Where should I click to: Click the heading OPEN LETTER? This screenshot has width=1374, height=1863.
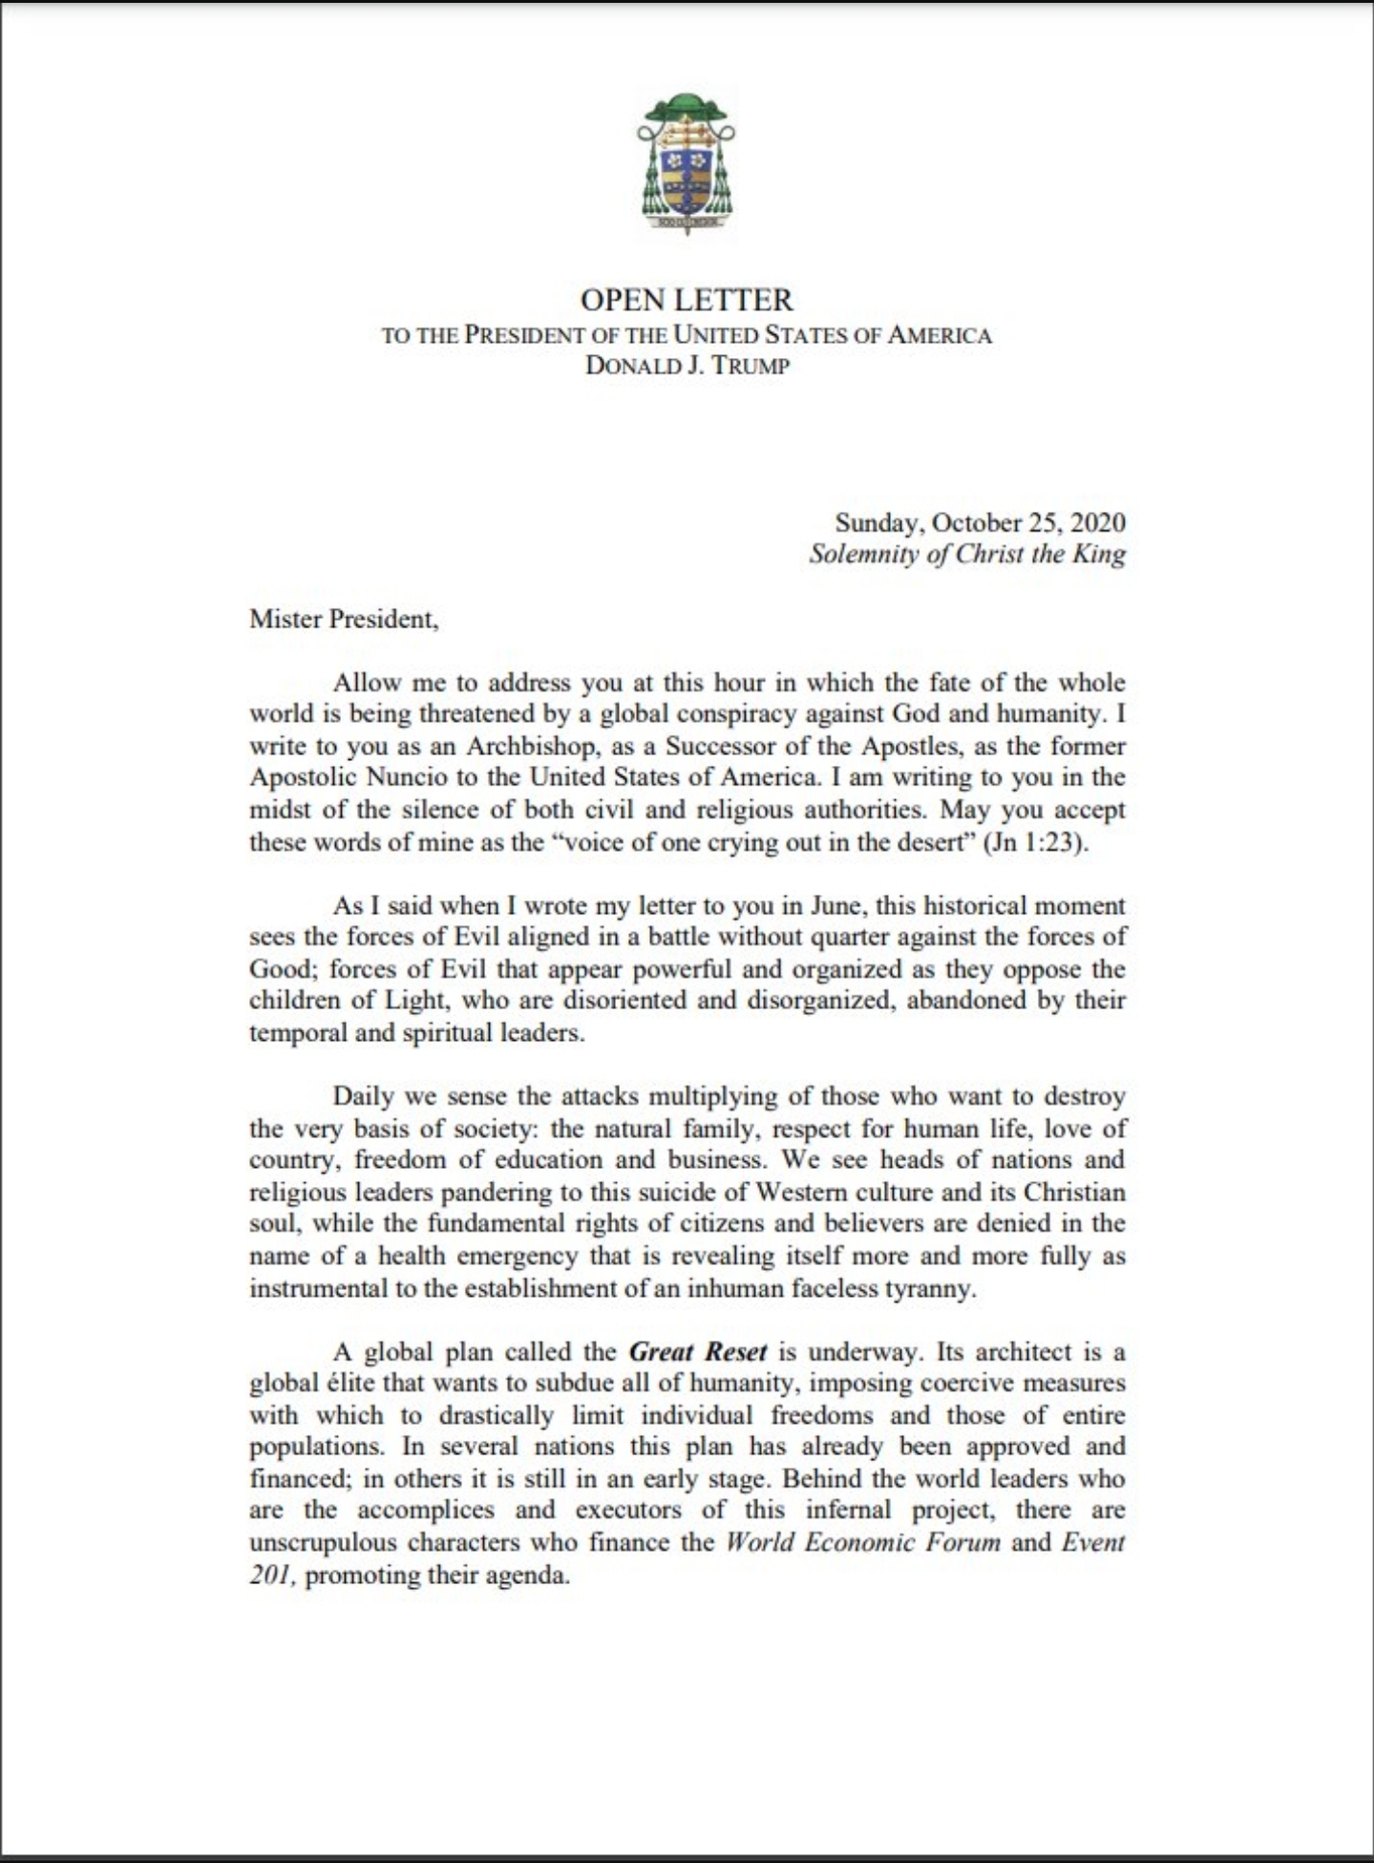coord(687,300)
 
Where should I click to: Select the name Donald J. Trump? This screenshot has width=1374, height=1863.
coord(687,366)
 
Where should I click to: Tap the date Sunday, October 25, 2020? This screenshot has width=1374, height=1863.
coord(980,522)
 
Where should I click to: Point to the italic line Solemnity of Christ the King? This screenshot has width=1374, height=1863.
coord(966,554)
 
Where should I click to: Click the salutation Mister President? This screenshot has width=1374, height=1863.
coord(344,619)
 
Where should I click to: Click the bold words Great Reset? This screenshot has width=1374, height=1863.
coord(698,1351)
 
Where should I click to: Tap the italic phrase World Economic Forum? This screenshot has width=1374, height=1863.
coord(863,1542)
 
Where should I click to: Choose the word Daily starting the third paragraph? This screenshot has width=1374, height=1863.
coord(362,1095)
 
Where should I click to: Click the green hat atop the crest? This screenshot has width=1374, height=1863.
coord(686,105)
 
